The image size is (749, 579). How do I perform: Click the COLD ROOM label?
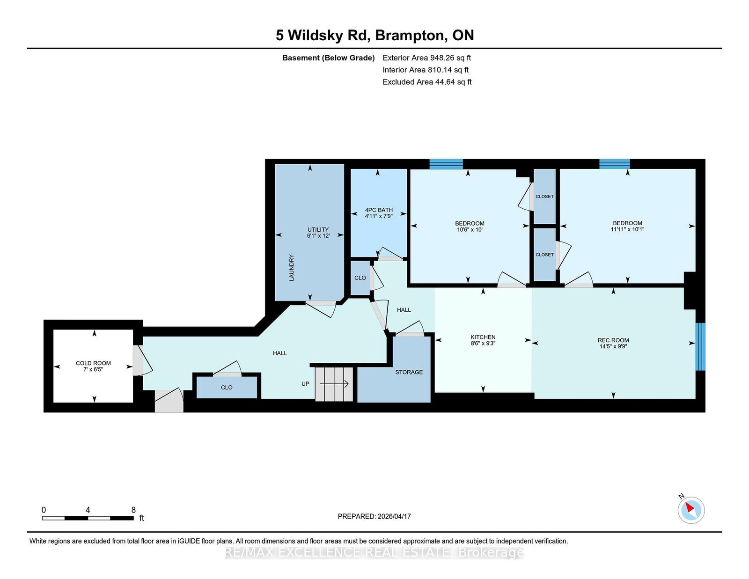[93, 366]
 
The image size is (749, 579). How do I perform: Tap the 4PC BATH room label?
[379, 213]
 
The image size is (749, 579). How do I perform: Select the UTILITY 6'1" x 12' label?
[318, 233]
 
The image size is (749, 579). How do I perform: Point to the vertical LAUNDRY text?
[292, 268]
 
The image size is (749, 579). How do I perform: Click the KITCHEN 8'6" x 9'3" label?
[483, 340]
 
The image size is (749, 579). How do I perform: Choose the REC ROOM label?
[613, 343]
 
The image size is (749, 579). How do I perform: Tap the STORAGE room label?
[409, 372]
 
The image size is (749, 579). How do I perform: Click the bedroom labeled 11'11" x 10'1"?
[627, 226]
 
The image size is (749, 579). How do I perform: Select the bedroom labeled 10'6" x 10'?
[470, 226]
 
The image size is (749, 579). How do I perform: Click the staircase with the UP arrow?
[334, 384]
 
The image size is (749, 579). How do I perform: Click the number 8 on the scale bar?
[133, 510]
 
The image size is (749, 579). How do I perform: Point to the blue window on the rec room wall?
[700, 346]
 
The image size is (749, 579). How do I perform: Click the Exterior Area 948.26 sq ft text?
[426, 58]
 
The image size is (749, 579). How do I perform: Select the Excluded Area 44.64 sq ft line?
[426, 82]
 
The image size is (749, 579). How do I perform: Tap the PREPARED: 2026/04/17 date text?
[374, 516]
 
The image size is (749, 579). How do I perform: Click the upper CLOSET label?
[544, 197]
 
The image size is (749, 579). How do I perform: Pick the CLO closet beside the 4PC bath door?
[360, 278]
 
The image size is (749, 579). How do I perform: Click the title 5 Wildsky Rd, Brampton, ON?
[374, 36]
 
